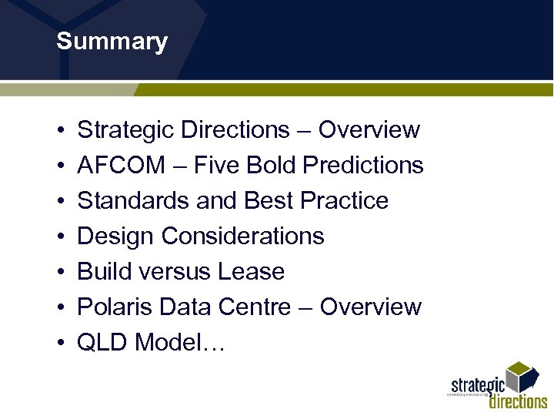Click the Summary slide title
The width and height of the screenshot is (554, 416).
[x=112, y=42]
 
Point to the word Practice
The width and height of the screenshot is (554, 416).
[x=344, y=200]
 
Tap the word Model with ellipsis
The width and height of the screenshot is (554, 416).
[x=179, y=342]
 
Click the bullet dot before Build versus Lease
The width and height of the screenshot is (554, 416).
[x=60, y=272]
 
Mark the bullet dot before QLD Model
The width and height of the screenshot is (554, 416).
[x=60, y=343]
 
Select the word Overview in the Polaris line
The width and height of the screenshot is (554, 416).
[x=370, y=307]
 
